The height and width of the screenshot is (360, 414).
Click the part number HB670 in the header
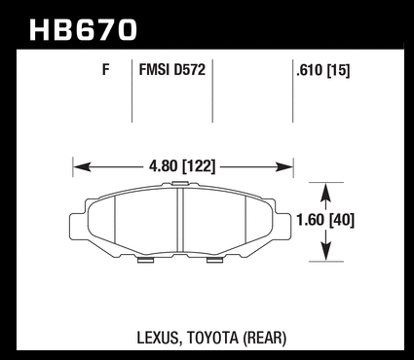(x=84, y=30)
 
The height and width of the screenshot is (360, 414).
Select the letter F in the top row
(x=105, y=70)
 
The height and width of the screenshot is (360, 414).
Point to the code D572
(x=190, y=70)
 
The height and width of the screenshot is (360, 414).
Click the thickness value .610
(x=310, y=70)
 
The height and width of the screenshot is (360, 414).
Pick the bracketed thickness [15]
(x=338, y=70)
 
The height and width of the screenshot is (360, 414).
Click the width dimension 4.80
(x=163, y=166)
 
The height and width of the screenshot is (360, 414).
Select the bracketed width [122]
(x=199, y=166)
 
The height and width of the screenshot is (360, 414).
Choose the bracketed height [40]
(x=341, y=220)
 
